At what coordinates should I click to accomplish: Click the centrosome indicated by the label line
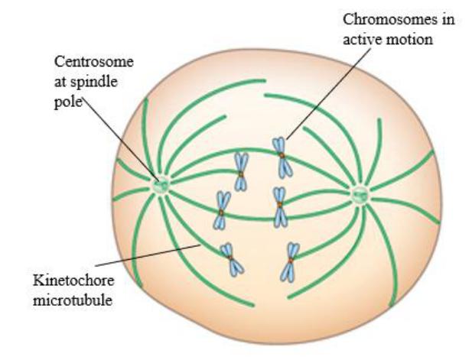(160, 183)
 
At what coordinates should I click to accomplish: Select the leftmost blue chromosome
(223, 209)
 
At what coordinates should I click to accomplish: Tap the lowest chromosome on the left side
(231, 259)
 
